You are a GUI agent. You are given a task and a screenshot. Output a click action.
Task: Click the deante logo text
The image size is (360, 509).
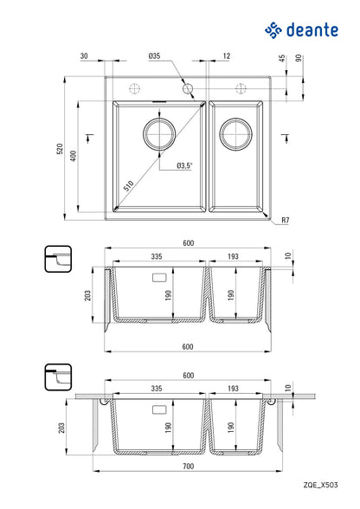click(312, 30)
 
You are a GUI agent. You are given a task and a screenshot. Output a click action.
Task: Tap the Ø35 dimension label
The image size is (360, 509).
click(155, 55)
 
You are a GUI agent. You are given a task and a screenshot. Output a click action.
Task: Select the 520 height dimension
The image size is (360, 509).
click(60, 148)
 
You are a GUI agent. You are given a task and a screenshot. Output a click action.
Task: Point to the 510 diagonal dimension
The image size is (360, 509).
click(129, 186)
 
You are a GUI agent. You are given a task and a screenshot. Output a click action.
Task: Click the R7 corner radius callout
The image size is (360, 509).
click(285, 220)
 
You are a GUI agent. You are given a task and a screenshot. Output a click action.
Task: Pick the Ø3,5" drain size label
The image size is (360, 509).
click(184, 165)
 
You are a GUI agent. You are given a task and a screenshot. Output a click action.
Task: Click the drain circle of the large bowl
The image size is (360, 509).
click(159, 133)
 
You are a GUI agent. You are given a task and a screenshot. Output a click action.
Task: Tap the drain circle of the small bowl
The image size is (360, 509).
click(235, 133)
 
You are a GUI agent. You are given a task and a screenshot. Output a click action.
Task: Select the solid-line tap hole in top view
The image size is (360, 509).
click(188, 88)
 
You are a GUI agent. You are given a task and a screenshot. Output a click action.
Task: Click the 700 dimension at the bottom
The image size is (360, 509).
click(188, 466)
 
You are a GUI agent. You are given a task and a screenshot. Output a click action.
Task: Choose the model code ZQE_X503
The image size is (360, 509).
click(320, 485)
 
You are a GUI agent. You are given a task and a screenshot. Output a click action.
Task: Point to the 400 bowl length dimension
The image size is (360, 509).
click(74, 156)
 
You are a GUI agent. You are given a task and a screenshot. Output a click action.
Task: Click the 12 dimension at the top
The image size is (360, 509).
click(226, 55)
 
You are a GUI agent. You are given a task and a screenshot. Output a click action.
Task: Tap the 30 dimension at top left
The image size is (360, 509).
click(84, 55)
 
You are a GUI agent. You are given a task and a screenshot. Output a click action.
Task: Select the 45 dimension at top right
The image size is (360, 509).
click(282, 58)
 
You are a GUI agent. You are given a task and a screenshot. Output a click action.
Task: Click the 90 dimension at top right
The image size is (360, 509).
click(299, 58)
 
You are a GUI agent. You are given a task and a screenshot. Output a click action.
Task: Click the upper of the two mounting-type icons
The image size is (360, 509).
click(58, 259)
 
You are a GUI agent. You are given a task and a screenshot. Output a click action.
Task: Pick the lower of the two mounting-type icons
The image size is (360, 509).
click(58, 377)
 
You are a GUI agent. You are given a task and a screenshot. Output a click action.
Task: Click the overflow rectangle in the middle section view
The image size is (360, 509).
click(159, 278)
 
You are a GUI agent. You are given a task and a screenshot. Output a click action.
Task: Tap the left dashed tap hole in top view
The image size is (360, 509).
click(134, 88)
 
